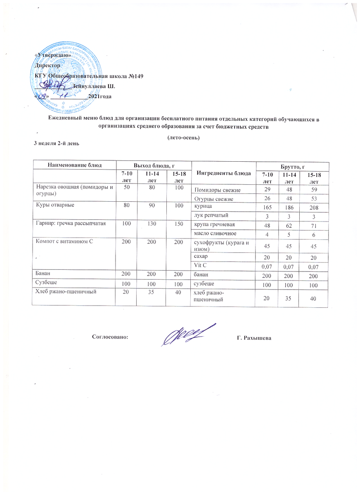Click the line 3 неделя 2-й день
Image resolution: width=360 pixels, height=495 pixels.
click(x=57, y=143)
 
